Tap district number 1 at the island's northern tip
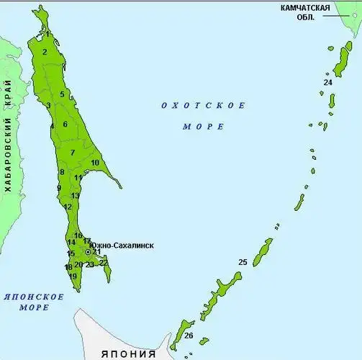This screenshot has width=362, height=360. tap(47, 34)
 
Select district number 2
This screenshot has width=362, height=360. tap(45, 52)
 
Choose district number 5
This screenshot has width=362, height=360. tap(62, 94)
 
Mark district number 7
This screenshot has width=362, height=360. tap(73, 153)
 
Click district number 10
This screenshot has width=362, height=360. tap(95, 163)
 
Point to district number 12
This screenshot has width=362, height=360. tap(68, 207)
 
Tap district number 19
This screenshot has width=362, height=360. tap(73, 276)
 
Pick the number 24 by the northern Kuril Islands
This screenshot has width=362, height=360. tap(327, 83)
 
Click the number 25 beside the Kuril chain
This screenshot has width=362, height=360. tap(243, 261)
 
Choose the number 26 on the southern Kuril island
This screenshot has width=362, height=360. tap(189, 336)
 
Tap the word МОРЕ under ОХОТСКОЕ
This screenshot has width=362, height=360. tap(194, 126)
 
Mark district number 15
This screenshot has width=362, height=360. tap(71, 253)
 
